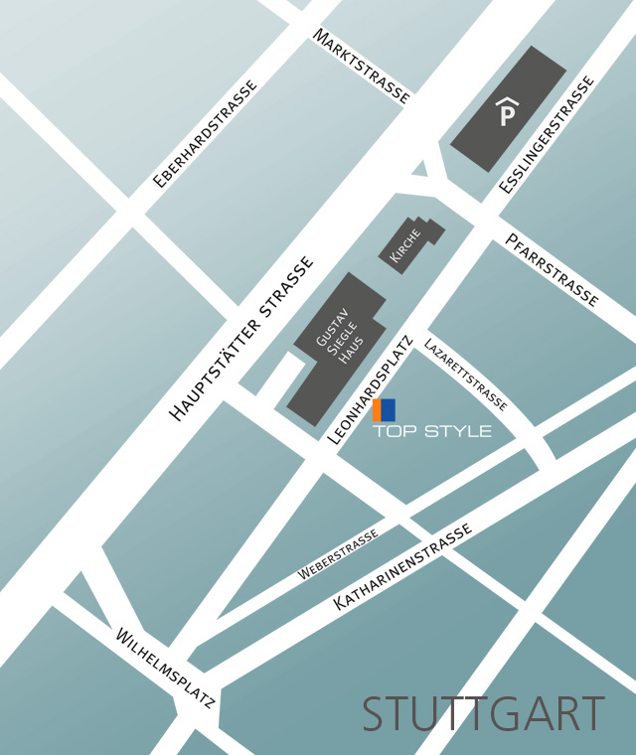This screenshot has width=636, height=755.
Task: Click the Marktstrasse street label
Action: pos(362,66)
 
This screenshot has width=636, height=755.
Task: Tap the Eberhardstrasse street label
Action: pos(205,134)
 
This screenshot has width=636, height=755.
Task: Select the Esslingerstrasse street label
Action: pos(547,134)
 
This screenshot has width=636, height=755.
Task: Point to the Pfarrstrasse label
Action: pos(552,269)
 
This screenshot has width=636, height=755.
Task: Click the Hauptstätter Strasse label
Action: pos(241,339)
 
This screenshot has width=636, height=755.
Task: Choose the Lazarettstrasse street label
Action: pos(465,375)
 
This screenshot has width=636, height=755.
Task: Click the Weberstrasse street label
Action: pos(338,555)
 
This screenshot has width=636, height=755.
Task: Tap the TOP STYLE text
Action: pos(432,431)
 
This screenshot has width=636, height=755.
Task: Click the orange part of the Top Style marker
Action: pos(378,408)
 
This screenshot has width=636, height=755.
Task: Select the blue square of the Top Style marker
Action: pos(388,408)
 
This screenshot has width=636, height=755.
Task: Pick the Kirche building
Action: pos(409,244)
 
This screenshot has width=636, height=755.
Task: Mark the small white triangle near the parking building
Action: pos(420,169)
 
